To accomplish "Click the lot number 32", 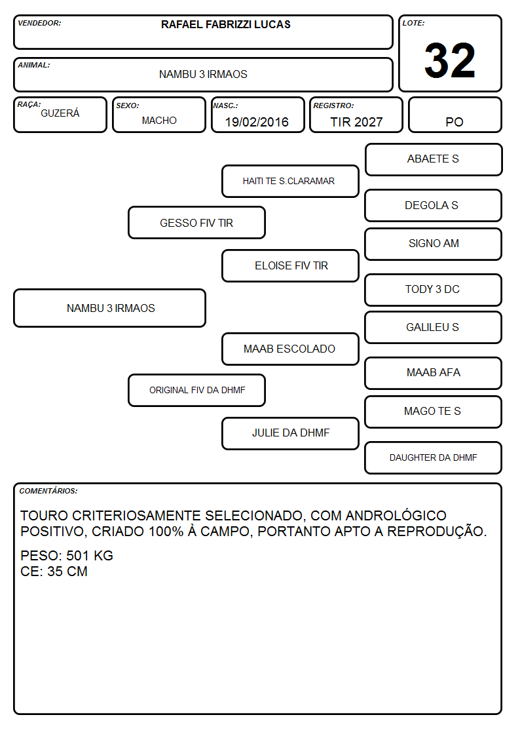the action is coord(450,60).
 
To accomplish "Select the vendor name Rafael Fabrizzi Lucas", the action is coord(225,24).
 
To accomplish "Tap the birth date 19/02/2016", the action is coord(257,122).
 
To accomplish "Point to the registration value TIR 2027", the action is coord(356,122).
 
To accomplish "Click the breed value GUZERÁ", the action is coord(60,113).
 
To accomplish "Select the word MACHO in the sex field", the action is coord(159,121).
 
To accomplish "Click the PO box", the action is coord(455,115).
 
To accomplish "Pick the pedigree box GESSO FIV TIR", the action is coord(196,223).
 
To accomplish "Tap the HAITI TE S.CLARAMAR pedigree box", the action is coord(290,181).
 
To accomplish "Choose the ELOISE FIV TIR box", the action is coord(290,265).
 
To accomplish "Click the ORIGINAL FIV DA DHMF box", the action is coord(196,391).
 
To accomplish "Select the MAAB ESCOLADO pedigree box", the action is coord(290,349).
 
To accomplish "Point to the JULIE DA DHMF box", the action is coord(290,433).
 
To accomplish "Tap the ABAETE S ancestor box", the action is coord(434,160).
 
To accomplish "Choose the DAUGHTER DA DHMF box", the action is coord(434,457).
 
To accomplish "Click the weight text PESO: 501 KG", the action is coord(67,556).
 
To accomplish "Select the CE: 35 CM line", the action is coord(54,571).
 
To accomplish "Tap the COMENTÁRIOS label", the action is coord(48,491).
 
